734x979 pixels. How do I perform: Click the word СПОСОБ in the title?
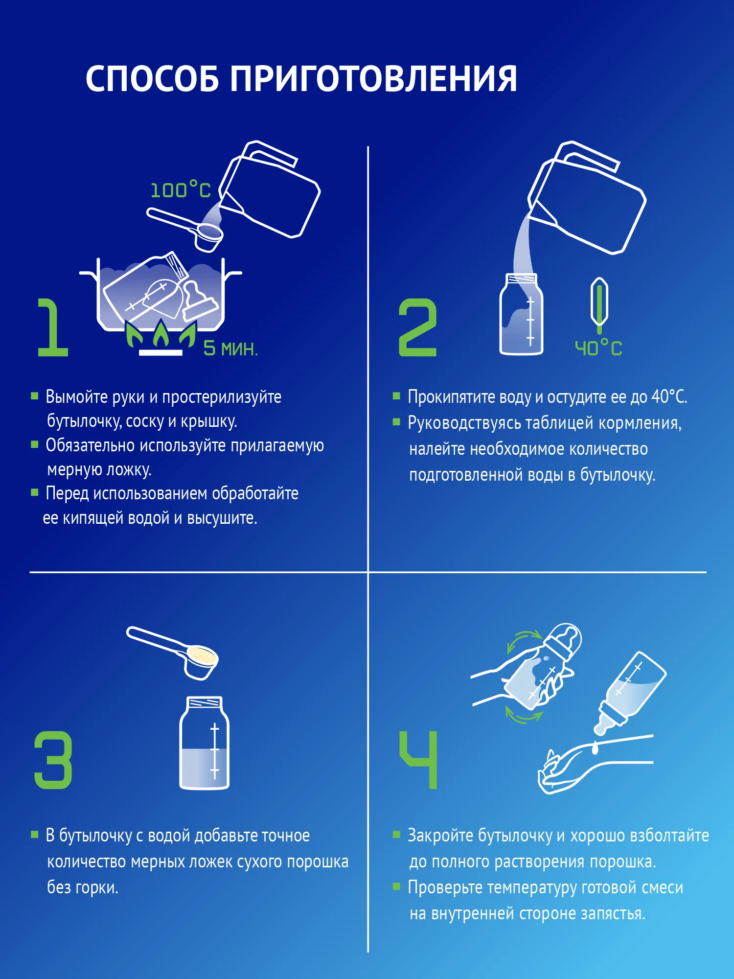[152, 79]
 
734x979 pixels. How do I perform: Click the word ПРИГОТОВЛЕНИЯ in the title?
[373, 79]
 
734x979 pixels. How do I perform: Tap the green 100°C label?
[181, 190]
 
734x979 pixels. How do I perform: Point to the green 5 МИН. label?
[230, 349]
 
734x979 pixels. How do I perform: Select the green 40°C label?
[598, 348]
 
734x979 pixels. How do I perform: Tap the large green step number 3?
[53, 760]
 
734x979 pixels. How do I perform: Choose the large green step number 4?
[418, 760]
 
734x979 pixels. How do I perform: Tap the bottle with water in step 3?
[205, 743]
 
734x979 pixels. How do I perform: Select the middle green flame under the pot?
[161, 333]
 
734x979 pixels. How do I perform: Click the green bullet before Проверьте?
[396, 886]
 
